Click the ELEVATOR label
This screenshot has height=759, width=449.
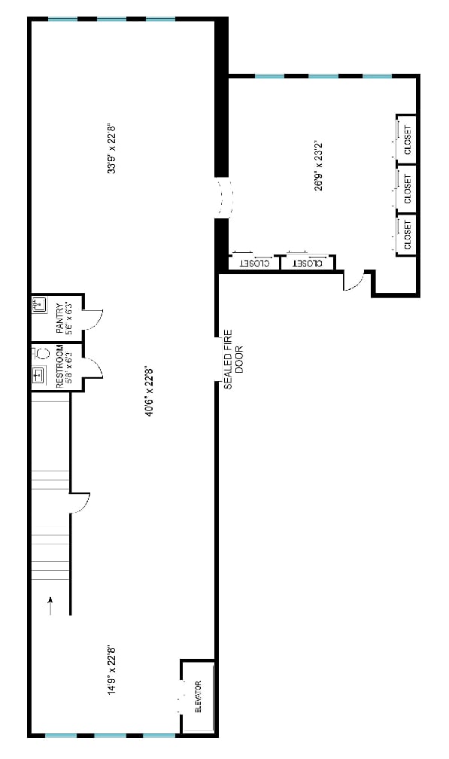point(199,698)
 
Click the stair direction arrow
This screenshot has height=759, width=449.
point(51,605)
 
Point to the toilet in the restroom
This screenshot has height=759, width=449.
point(41,352)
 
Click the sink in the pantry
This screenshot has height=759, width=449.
point(40,306)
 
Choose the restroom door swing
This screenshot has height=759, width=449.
point(93,367)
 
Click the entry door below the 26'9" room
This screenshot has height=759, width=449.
point(353,281)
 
